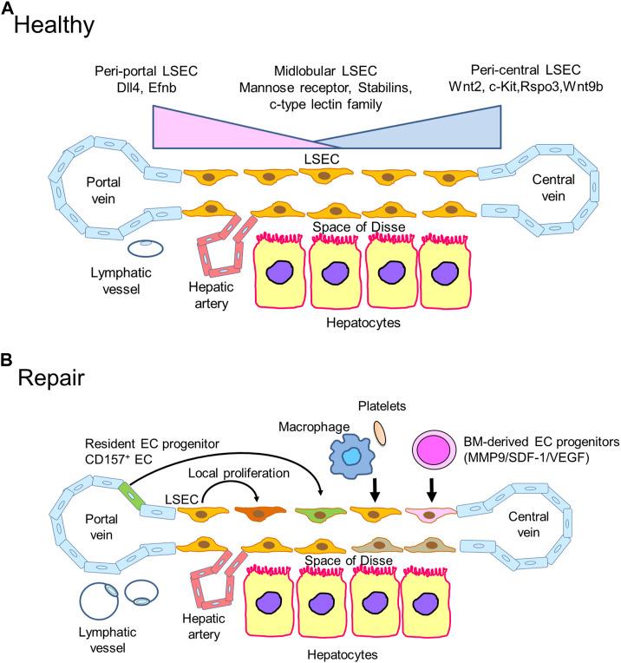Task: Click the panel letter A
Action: click(7, 8)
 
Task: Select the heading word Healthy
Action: click(54, 26)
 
